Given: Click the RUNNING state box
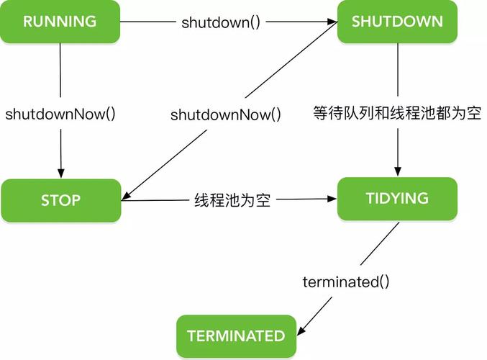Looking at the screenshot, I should [x=60, y=22].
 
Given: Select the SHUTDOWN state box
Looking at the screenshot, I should [x=397, y=22].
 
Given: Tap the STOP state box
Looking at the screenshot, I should [x=60, y=200].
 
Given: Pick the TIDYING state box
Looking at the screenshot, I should [x=397, y=199].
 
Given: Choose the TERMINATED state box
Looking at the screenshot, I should [x=236, y=336].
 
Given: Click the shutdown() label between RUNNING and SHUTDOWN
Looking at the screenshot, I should [x=220, y=22].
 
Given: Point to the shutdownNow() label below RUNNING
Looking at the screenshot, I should [x=60, y=114].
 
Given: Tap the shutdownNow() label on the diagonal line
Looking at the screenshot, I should [x=225, y=114].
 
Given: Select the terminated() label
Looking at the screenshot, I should [x=346, y=282].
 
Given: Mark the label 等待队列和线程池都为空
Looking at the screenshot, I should [x=396, y=113].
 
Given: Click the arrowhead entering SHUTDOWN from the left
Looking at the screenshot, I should [x=332, y=22].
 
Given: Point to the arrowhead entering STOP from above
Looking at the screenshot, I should [x=60, y=174].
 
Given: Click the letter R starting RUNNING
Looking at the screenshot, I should [x=27, y=22].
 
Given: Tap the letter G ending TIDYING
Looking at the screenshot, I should [x=423, y=199].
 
